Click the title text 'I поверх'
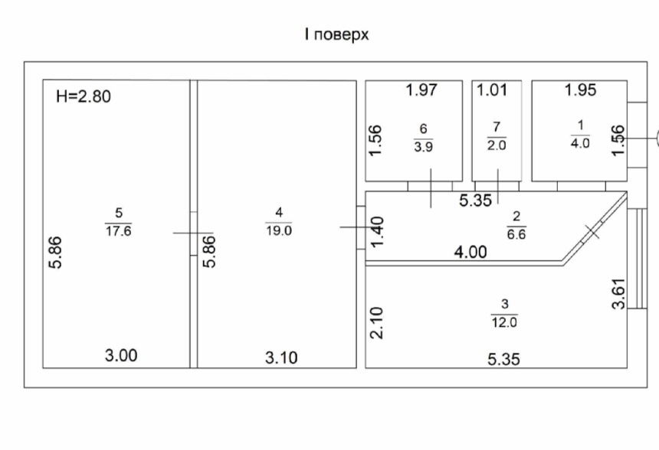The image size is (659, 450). click(x=336, y=34)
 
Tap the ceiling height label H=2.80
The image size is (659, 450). click(x=84, y=96)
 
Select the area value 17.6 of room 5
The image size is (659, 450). click(x=119, y=231)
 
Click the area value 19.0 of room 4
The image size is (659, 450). click(x=279, y=230)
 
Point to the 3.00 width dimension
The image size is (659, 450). click(x=121, y=356)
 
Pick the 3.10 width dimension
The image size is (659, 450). click(x=281, y=357)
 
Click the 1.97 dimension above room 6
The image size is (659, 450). click(x=421, y=90)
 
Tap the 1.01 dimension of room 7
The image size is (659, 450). click(x=492, y=90)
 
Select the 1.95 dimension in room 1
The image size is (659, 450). click(x=580, y=90)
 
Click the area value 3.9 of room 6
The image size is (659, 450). click(x=423, y=147)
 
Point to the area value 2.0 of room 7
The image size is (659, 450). click(x=497, y=145)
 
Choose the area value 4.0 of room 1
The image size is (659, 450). click(x=580, y=143)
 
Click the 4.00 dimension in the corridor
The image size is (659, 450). click(x=470, y=252)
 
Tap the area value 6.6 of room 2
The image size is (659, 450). click(x=516, y=234)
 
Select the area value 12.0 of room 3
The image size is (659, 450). click(x=504, y=322)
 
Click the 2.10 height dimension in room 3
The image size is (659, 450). click(x=377, y=323)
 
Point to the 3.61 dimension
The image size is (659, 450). click(x=618, y=294)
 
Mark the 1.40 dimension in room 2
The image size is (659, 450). click(x=377, y=232)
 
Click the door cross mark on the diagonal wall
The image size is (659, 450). click(x=592, y=231)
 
